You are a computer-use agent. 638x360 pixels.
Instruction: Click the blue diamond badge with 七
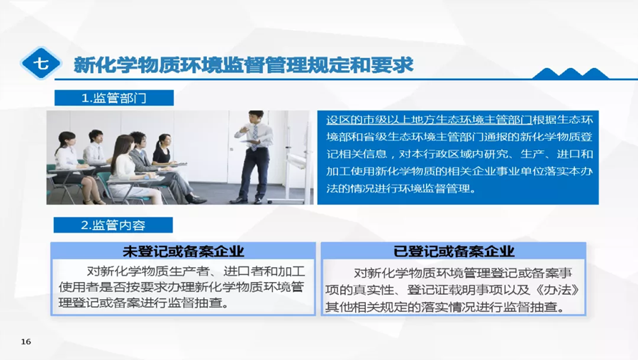point(40,63)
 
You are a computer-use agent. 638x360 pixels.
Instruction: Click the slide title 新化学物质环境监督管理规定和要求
point(243,65)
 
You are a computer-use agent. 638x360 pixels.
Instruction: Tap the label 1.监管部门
point(114,98)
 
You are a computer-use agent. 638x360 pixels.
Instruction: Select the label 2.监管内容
point(113,225)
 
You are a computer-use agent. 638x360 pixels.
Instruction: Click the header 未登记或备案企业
point(183,252)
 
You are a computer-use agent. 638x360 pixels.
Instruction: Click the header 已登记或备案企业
point(454,252)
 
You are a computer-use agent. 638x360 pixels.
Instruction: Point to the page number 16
point(26,342)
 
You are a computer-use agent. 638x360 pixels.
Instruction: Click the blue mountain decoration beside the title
point(571,73)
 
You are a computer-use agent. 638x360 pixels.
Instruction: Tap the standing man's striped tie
point(254,137)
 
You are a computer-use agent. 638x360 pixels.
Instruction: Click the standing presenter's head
point(257,118)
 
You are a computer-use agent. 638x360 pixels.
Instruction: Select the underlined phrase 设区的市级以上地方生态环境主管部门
point(430,120)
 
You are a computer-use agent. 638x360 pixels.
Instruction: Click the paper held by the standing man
point(250,142)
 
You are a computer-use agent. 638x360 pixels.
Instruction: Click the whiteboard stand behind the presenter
point(295,157)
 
